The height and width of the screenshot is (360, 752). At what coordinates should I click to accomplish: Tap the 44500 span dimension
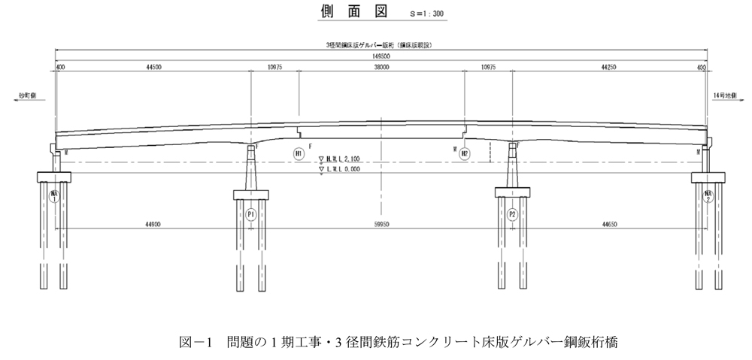[154, 68]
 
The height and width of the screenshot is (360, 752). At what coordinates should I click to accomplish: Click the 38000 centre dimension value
[382, 68]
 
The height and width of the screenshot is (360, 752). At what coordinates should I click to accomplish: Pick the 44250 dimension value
[610, 68]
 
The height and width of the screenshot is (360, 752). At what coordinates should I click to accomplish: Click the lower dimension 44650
[610, 223]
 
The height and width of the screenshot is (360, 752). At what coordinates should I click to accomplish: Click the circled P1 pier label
[251, 213]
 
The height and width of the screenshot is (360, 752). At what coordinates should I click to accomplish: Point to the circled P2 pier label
[512, 213]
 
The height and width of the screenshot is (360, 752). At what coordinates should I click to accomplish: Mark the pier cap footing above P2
[512, 192]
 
